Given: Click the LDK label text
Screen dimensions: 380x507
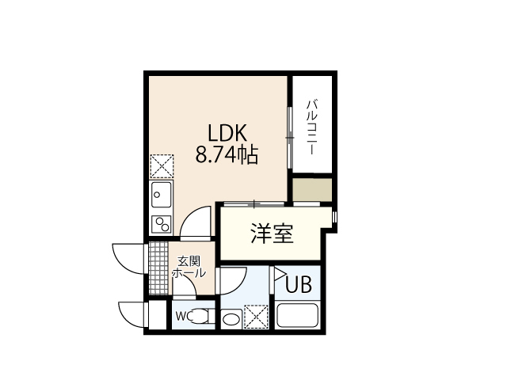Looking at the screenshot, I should pos(227,132).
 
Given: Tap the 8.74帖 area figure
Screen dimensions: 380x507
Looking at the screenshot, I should pos(227,154).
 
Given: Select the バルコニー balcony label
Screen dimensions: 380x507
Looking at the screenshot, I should pos(312,127).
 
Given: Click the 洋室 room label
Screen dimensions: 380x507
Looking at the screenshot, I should pos(273,234).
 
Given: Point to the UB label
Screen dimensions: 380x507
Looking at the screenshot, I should pos(298,283).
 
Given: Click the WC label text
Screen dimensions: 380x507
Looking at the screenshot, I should pos(181,317).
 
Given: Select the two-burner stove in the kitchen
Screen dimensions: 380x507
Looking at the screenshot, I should pos(162,222).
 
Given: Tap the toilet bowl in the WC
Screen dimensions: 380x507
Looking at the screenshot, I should pos(200,317).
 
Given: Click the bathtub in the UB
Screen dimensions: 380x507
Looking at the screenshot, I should pos(297,317).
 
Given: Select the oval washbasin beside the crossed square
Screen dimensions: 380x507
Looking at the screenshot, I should pos(231,320).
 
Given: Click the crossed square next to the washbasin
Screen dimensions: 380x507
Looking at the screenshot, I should pos(256,317).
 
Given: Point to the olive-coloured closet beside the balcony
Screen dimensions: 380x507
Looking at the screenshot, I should pos(311,190).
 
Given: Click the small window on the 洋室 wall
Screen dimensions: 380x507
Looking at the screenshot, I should pos(334,216).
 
